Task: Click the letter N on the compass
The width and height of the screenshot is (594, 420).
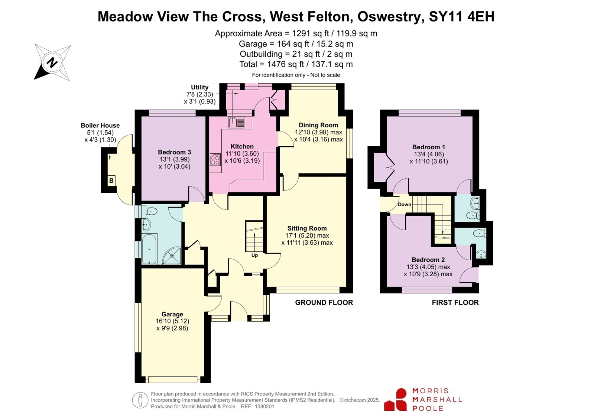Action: (52, 63)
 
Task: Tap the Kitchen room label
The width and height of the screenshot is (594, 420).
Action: (242, 146)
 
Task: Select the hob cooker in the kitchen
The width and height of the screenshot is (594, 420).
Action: (215, 159)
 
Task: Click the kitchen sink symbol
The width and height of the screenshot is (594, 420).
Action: (237, 122)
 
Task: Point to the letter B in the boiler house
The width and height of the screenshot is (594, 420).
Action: (111, 180)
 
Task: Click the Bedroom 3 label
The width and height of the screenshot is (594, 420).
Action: (175, 152)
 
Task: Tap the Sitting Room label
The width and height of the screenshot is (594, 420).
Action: (307, 228)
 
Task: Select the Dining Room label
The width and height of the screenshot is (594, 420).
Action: (318, 125)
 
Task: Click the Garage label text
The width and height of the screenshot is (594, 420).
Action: (172, 314)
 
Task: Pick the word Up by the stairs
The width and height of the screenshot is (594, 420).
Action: (254, 255)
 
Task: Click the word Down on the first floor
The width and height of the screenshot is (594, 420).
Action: (405, 205)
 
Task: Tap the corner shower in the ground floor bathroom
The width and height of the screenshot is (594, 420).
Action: (172, 255)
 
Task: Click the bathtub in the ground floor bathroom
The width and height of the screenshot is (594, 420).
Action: (149, 249)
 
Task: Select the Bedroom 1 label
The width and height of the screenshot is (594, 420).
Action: (429, 147)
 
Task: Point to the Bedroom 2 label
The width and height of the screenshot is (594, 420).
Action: (428, 260)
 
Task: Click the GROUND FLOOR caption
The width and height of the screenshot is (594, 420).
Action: (324, 303)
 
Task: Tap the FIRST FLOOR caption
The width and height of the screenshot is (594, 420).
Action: (455, 303)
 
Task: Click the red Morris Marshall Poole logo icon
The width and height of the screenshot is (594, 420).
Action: (396, 400)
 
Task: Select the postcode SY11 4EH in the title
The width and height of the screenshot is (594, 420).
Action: (462, 16)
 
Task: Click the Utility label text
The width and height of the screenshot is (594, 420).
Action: (200, 87)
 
